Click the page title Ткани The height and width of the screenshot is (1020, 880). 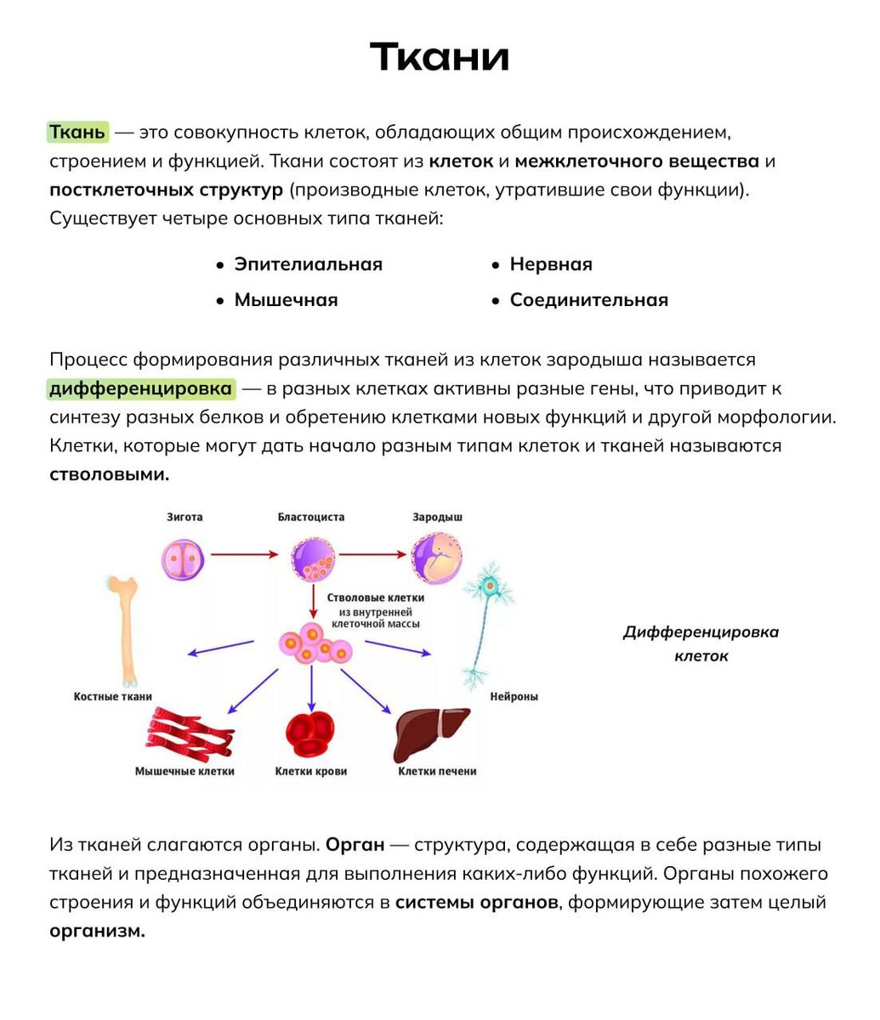coord(440,58)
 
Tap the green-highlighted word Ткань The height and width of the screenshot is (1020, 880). coord(77,133)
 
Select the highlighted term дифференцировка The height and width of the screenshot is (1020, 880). coord(141,389)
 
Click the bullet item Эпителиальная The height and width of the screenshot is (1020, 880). coord(308,264)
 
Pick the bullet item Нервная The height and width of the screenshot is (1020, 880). coord(550,264)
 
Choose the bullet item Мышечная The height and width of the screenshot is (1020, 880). coord(286,300)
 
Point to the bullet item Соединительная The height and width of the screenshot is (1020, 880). coord(588,300)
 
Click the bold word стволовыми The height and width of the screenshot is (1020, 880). coord(110,474)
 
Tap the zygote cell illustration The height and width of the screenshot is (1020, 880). coord(185,557)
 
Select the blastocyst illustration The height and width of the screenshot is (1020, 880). coord(314,559)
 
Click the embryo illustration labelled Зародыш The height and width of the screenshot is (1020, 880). coord(437,558)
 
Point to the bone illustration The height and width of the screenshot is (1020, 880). coord(123,629)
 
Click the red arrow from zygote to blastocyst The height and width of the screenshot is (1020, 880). coord(244,554)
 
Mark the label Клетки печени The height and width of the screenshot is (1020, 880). coord(437,771)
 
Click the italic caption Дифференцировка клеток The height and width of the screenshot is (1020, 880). coord(701,643)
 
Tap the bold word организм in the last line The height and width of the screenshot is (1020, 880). coord(97,931)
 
